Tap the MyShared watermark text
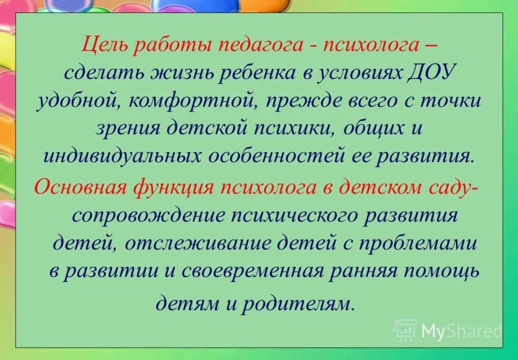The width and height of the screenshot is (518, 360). [462, 331]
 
